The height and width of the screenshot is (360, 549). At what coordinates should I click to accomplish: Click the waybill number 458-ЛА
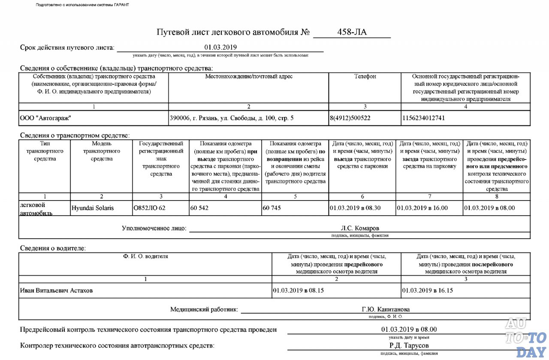pos(352,32)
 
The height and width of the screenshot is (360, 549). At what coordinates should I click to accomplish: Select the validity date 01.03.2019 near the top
pos(220,47)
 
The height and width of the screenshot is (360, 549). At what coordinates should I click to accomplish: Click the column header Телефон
pos(365,77)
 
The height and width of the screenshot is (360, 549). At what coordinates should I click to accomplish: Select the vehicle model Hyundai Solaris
pos(93,208)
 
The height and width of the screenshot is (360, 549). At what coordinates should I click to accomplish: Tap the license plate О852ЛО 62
pos(149,208)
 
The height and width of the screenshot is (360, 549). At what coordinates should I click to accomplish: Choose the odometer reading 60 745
pos(272,208)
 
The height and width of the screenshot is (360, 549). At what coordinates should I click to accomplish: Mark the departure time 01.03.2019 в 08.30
pos(355,208)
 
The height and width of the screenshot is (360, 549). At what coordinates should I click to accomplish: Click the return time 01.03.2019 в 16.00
pos(422,208)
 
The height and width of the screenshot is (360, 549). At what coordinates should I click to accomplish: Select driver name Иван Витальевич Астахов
pos(56,291)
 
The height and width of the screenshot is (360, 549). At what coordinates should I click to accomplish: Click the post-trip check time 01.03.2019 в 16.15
pos(428,291)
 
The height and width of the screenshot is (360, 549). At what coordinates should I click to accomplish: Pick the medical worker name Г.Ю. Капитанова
pos(386,309)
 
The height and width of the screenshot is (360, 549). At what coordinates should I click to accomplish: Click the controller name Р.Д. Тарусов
pos(409,345)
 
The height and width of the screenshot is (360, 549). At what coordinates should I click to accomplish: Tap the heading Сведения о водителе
pos(53,248)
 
